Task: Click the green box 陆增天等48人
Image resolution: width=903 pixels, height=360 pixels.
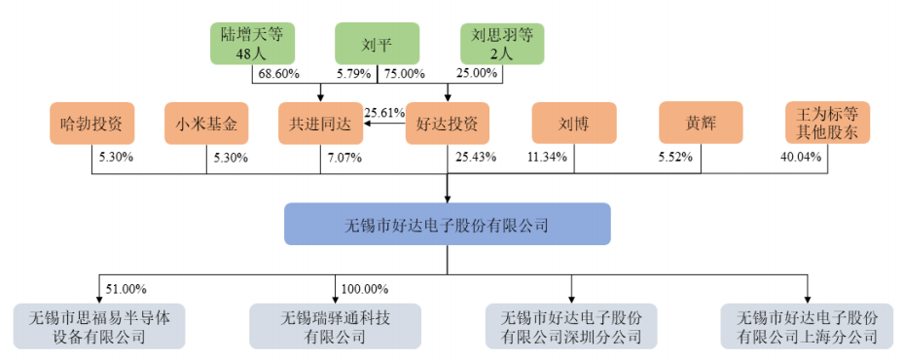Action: click(x=251, y=43)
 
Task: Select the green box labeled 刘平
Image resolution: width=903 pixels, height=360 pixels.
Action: click(x=377, y=43)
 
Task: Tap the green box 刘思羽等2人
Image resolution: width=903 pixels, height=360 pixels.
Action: click(x=501, y=43)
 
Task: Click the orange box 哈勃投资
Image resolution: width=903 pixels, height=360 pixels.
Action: click(x=91, y=124)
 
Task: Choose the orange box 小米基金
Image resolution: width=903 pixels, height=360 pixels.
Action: click(x=206, y=124)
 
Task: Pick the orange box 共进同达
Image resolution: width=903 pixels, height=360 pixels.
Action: click(x=320, y=124)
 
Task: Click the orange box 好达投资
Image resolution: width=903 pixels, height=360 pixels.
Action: click(x=447, y=124)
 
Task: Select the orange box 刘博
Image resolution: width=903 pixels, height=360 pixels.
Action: click(x=573, y=124)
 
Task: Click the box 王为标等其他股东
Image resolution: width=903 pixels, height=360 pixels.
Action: click(x=828, y=124)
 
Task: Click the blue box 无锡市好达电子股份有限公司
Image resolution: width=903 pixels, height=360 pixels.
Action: click(x=447, y=224)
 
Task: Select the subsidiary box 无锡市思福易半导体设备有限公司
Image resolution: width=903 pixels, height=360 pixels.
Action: click(x=99, y=327)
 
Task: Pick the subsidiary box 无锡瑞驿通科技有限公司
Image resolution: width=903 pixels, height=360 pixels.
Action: click(x=336, y=327)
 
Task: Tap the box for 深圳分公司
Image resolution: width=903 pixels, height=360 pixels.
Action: click(x=571, y=327)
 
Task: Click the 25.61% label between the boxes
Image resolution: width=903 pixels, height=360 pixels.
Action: click(x=383, y=113)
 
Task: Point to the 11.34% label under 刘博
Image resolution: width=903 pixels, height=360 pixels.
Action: click(x=547, y=158)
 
